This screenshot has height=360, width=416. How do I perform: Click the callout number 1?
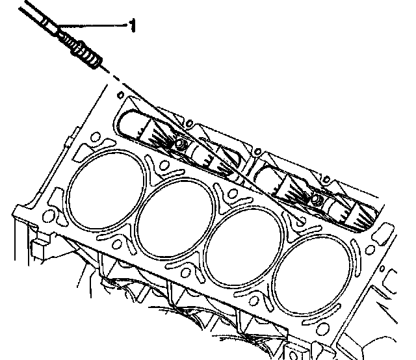[x=133, y=25]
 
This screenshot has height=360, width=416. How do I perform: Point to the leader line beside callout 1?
[x=93, y=25]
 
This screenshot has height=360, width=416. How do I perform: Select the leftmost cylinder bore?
[x=105, y=190]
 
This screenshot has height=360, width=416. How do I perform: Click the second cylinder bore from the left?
[x=175, y=218]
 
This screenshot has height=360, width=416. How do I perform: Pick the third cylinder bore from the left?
[x=244, y=247]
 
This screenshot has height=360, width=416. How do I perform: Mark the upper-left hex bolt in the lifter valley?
[x=181, y=145]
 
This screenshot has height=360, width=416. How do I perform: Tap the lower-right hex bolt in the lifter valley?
[x=316, y=199]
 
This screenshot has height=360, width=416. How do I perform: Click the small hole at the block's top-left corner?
[x=121, y=95]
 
